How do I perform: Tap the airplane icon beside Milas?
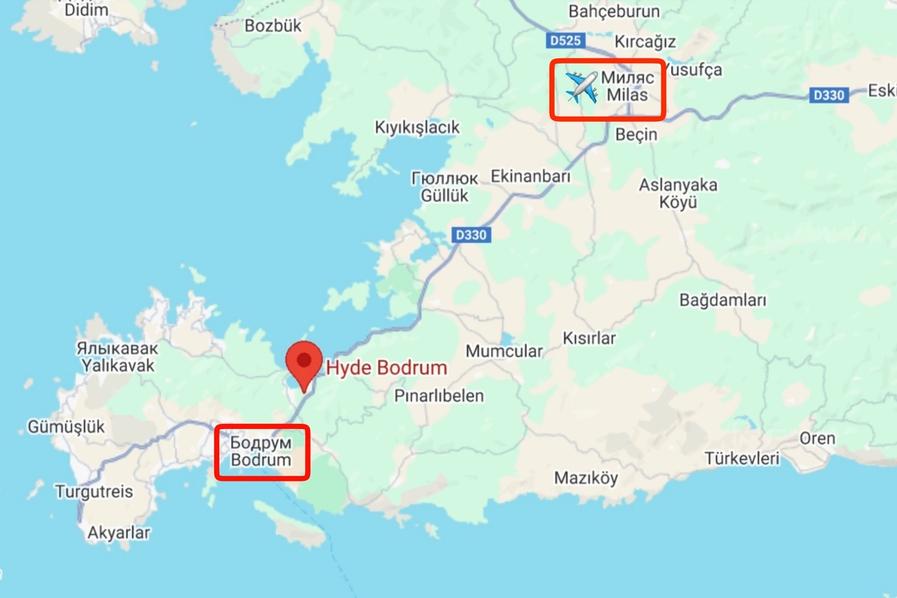(581, 88)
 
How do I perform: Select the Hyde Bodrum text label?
(386, 368)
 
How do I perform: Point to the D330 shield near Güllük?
(470, 235)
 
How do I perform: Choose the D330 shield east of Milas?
(828, 95)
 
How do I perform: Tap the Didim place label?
(86, 10)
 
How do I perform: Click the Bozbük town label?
(273, 25)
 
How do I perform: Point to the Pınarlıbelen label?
(439, 396)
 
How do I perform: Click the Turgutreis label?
(93, 492)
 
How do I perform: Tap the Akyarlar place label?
(119, 533)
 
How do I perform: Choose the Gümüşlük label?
(67, 427)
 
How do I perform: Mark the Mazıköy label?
(586, 478)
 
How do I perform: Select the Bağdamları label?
(723, 300)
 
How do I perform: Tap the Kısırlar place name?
(589, 338)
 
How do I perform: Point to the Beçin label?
(635, 135)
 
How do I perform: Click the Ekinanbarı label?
(530, 177)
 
